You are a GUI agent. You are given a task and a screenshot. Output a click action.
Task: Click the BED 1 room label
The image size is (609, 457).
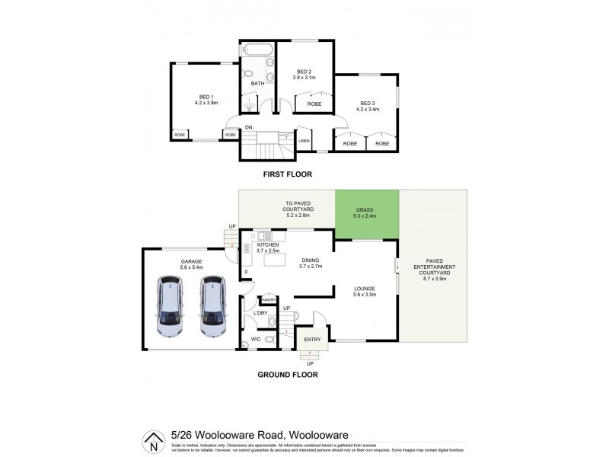[x=206, y=97]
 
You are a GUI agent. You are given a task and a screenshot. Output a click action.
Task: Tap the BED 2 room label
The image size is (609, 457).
[x=304, y=72]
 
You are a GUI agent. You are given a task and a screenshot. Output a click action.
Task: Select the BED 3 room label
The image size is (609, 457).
[x=368, y=103]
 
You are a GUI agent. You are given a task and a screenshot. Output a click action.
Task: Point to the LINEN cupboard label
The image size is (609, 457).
[x=303, y=141]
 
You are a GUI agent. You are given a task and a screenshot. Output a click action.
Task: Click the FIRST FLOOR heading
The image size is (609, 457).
[x=289, y=174]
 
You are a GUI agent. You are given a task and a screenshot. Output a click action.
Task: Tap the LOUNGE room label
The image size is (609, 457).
[x=365, y=289]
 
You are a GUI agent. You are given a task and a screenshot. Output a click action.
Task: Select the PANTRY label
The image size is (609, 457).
[x=269, y=300]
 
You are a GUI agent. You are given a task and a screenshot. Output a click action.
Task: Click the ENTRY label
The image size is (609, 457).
[x=311, y=338]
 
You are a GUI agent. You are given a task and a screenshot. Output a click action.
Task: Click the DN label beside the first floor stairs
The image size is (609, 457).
[x=248, y=126]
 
